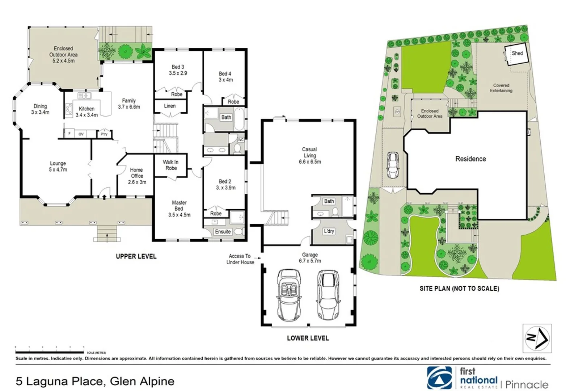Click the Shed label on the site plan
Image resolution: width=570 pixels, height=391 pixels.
[517, 53]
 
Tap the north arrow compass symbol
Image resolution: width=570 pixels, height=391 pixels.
[537, 338]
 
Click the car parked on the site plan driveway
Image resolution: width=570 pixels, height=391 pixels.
[393, 165]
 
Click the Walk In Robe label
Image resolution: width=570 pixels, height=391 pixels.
[170, 165]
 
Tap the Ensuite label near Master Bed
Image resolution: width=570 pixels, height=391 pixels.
[223, 232]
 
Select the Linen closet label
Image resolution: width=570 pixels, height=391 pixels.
[170, 106]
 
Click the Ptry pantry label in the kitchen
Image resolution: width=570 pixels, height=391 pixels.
[104, 134]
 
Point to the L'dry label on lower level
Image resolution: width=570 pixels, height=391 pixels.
[329, 231]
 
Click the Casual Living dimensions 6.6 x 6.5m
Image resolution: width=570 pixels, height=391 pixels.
[310, 162]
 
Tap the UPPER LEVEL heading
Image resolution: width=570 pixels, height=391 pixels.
[136, 256]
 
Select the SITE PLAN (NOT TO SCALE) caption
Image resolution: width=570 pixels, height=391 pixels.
[459, 289]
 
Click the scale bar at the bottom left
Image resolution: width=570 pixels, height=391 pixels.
[50, 352]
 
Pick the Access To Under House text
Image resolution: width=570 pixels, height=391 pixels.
[240, 259]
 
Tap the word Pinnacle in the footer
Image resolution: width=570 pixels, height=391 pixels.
[527, 384]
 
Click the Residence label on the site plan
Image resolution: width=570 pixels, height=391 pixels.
[470, 159]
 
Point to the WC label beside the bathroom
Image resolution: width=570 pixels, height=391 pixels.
[241, 140]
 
